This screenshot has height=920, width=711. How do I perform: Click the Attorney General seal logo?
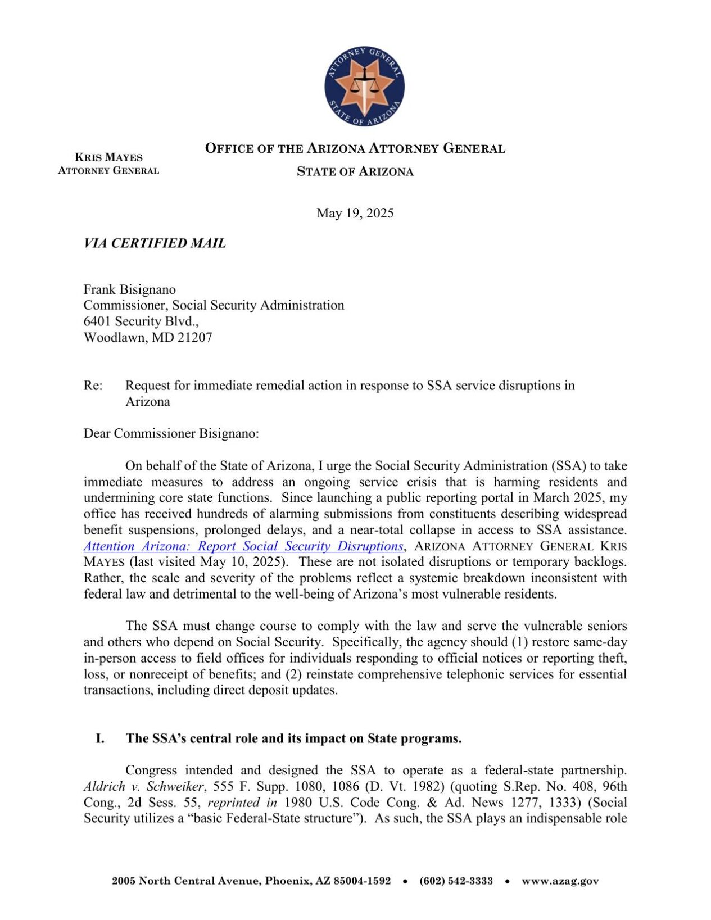364,86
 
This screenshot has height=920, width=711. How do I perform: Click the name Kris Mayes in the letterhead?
108,157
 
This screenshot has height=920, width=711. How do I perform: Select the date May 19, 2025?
355,213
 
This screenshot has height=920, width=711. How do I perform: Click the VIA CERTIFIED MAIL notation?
155,243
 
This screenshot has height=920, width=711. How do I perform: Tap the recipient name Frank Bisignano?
129,289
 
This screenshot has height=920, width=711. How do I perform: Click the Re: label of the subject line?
93,386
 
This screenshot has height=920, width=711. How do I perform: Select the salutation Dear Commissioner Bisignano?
171,433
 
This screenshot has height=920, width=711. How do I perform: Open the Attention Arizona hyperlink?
243,546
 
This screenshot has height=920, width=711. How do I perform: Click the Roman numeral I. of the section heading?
100,738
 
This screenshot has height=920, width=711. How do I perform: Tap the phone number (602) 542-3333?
456,881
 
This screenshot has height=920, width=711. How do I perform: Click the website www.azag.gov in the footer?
560,881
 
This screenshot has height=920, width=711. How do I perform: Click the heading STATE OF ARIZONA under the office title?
355,172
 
